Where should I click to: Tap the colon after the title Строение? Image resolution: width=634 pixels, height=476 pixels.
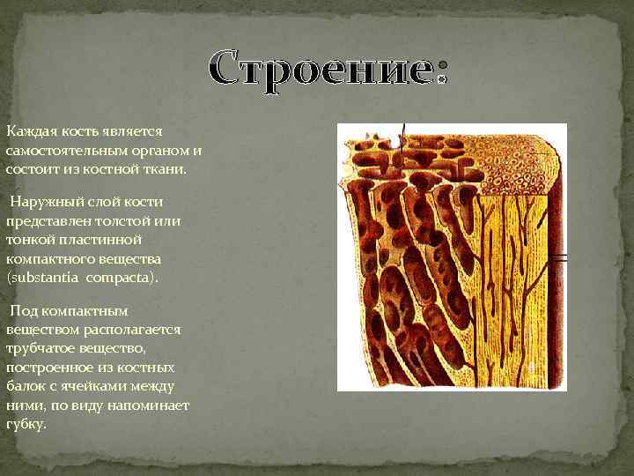point(441,74)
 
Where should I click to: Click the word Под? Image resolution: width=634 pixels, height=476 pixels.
point(23,310)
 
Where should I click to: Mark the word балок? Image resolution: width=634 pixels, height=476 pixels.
point(26,386)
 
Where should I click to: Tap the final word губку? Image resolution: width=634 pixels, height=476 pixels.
point(26,424)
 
